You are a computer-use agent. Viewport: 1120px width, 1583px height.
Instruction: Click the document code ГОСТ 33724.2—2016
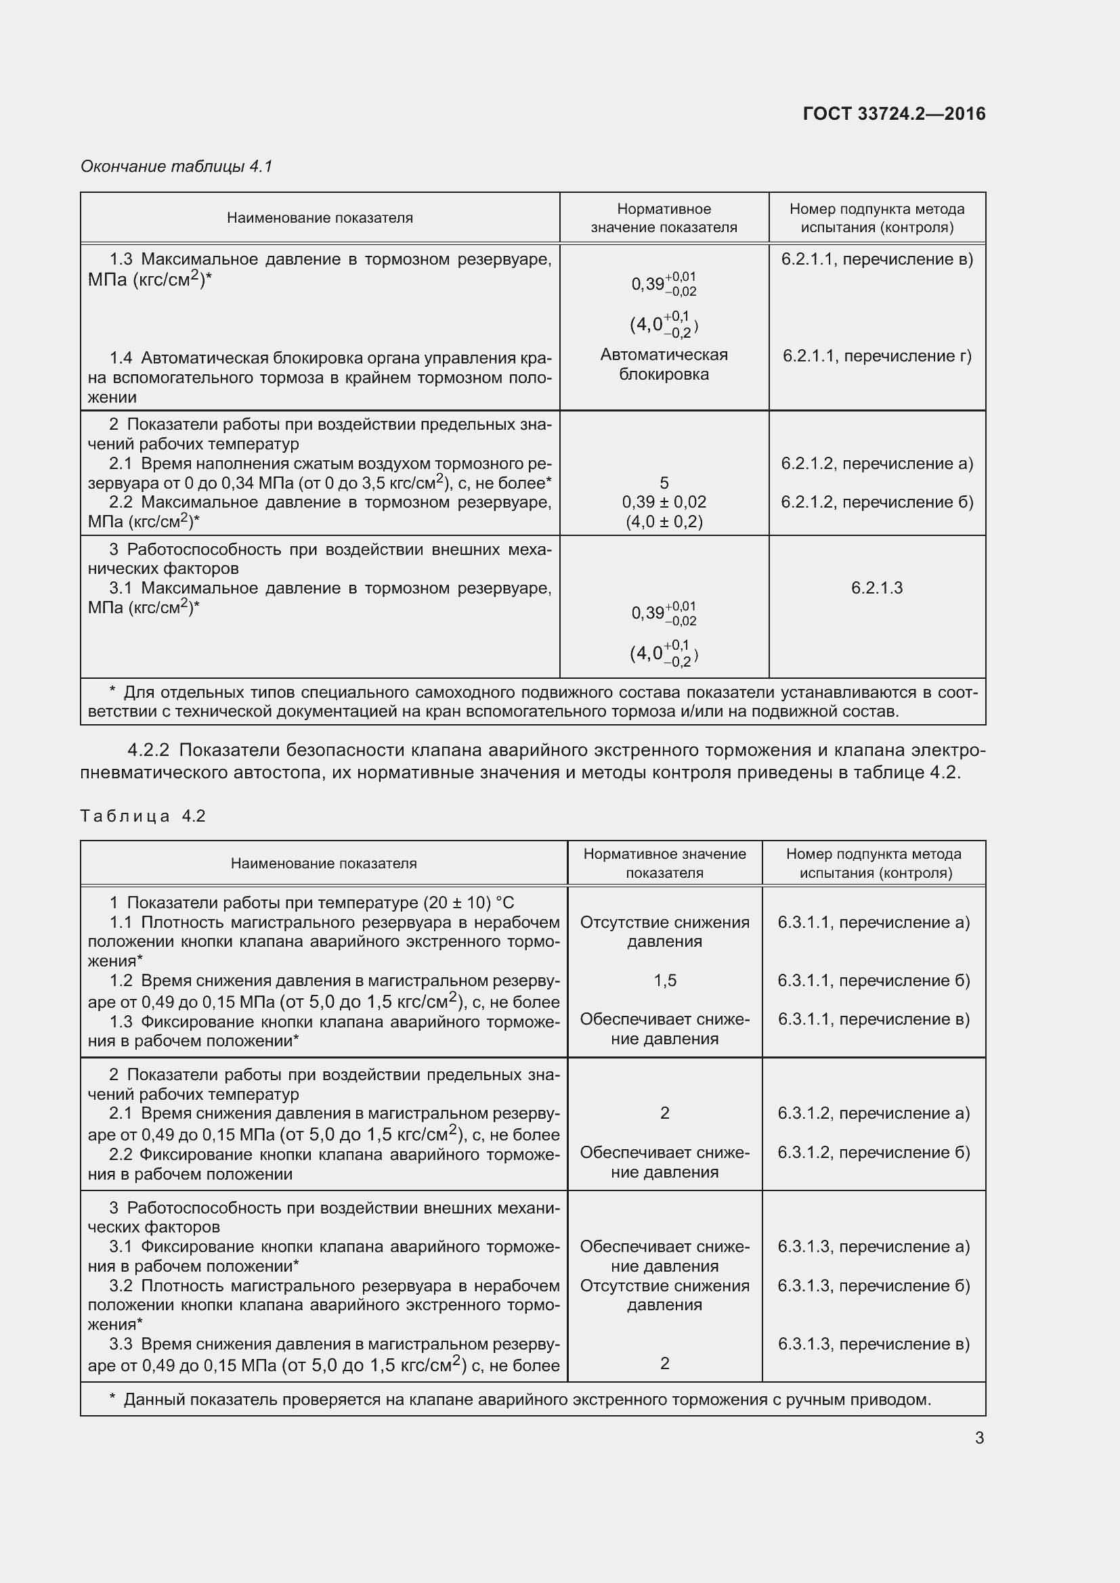coord(894,114)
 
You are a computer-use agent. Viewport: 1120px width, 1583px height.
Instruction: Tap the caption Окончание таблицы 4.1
coord(177,166)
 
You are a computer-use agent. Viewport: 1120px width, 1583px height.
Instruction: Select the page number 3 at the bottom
coord(979,1437)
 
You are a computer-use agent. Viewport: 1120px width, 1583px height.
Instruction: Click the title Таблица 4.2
coord(143,816)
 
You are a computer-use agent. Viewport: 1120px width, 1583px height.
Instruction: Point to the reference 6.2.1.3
coord(876,588)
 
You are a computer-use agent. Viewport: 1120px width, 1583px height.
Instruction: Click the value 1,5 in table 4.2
coord(665,981)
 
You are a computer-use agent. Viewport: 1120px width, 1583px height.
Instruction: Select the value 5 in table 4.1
coord(664,483)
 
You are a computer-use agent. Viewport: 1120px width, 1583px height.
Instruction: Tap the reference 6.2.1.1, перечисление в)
coord(876,259)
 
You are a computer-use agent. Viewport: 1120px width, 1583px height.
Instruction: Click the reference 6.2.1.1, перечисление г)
coord(876,357)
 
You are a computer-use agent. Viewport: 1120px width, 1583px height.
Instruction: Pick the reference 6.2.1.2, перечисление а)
coord(876,464)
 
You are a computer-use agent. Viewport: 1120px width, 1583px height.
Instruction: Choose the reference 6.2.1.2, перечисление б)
coord(876,502)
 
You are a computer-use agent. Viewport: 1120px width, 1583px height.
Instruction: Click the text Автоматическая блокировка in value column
coord(664,365)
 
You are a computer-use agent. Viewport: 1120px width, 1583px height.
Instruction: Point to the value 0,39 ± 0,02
coord(664,502)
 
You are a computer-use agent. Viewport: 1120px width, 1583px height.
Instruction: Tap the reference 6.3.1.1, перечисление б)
coord(874,981)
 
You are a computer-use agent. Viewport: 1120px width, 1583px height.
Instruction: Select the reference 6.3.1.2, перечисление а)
coord(874,1113)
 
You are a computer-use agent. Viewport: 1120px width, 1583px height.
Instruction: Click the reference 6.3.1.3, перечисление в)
coord(874,1344)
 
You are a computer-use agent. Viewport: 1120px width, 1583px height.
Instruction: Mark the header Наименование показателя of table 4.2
coord(324,863)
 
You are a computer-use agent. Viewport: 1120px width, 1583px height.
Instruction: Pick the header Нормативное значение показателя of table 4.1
coord(664,218)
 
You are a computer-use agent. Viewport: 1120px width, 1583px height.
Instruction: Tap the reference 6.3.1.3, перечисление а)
coord(874,1247)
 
